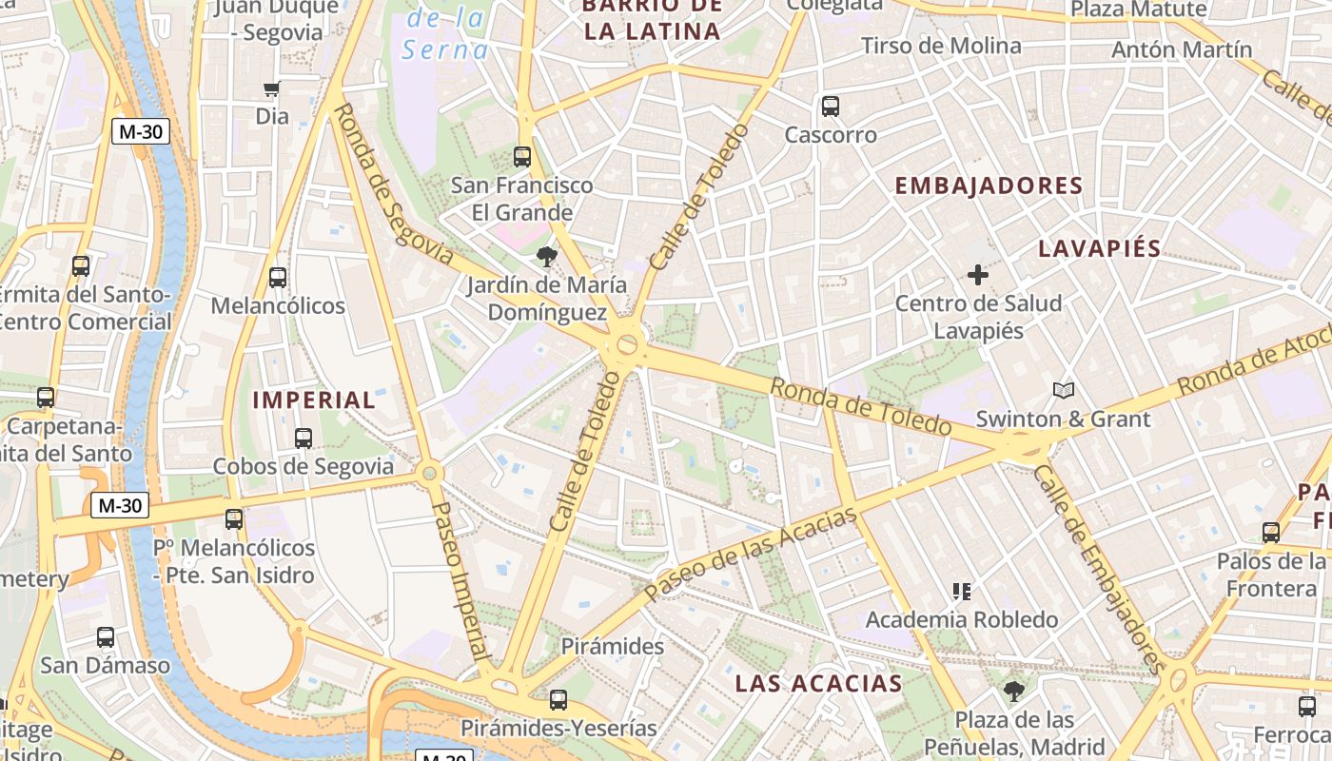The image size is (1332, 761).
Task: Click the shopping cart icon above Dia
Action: coord(272,89)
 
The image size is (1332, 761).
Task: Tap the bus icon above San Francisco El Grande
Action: coord(521,157)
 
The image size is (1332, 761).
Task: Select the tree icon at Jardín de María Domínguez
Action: coord(546,256)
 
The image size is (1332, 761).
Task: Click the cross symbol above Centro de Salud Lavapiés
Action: coord(977,275)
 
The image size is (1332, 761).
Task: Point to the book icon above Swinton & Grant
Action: coord(1063,390)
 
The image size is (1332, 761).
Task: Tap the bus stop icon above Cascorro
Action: coord(831,107)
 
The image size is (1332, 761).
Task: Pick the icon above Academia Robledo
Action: coord(961,592)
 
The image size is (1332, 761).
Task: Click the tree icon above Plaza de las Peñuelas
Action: coord(1014,692)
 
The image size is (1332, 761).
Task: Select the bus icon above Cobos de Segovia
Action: coord(304,439)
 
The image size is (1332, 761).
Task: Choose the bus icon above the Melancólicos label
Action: coord(278,278)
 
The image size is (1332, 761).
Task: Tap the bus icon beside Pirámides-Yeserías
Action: coord(558,700)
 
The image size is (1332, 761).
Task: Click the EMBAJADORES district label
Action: coord(989,185)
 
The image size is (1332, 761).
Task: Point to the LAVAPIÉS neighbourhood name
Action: coord(1099,249)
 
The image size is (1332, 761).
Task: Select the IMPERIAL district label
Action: coord(314,400)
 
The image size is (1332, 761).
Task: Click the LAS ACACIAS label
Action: coord(818,683)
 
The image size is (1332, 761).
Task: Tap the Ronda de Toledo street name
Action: coord(860,407)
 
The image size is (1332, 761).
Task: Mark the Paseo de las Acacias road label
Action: coord(751,554)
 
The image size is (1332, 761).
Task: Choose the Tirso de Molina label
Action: coord(941,46)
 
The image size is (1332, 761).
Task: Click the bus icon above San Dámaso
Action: coord(106,637)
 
